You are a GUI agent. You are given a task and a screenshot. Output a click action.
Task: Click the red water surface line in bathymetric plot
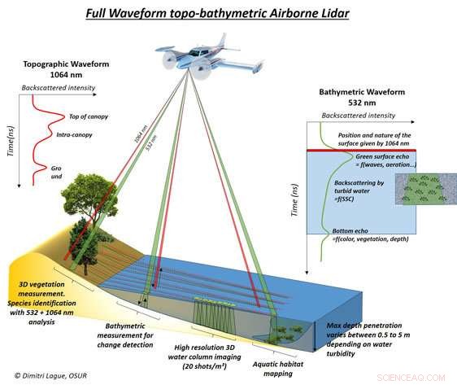pos(350,150)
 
